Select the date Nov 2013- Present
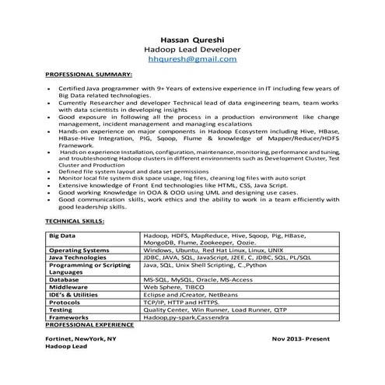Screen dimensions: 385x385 coord(306,339)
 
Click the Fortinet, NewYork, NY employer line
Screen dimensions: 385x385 coord(80,339)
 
